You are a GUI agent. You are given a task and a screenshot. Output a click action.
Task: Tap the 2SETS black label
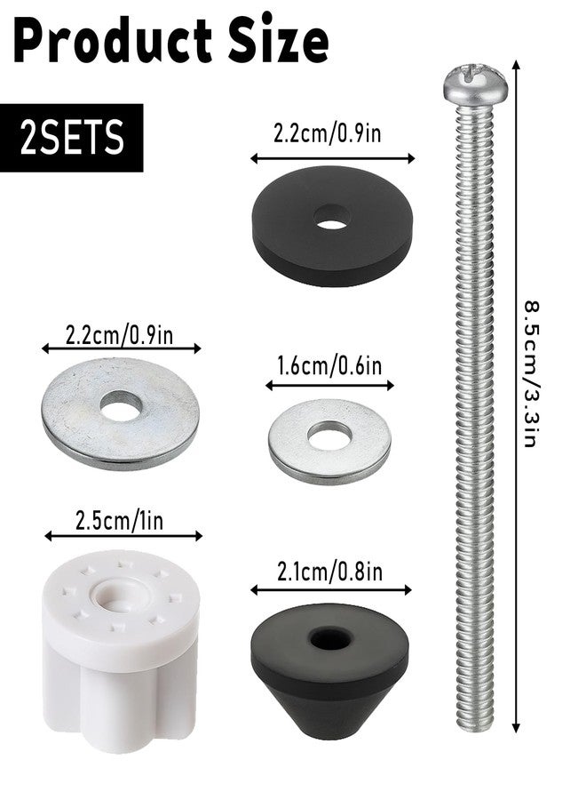(72, 138)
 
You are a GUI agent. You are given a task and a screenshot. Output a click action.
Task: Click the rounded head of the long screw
(475, 84)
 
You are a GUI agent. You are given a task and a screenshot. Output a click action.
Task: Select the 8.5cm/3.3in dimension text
(532, 374)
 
